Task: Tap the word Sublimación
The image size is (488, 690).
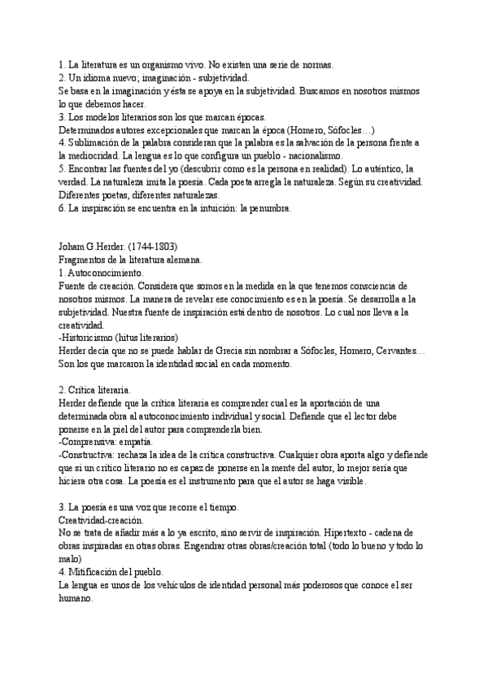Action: pos(102,142)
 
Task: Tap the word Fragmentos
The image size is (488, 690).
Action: pos(85,260)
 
